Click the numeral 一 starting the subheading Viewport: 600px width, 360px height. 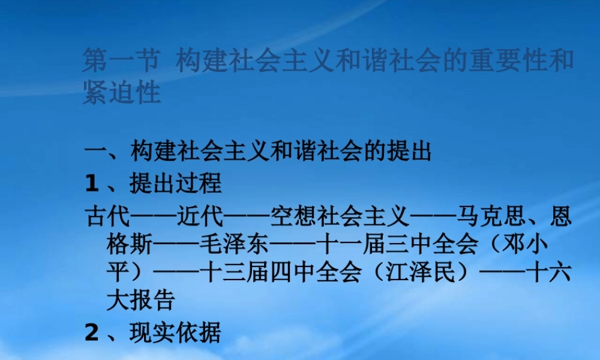click(95, 152)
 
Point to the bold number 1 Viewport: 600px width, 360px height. click(91, 184)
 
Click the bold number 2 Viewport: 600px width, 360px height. click(91, 332)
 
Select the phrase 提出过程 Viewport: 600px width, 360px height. click(176, 184)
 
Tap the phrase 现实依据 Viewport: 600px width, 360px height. click(176, 332)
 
